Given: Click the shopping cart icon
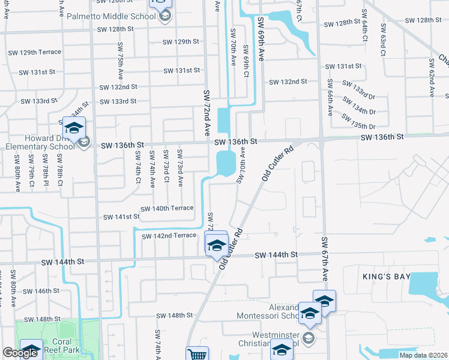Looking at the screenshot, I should [197, 355].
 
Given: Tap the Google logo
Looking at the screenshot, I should [20, 353].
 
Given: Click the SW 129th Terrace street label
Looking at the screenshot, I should [35, 52].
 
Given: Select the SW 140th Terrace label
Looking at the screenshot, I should [167, 208].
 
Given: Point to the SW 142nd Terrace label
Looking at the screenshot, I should [169, 236].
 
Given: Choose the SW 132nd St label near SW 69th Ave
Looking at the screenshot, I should [288, 82].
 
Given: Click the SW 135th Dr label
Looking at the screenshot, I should [358, 122].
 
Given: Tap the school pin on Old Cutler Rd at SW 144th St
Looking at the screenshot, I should [216, 245].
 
